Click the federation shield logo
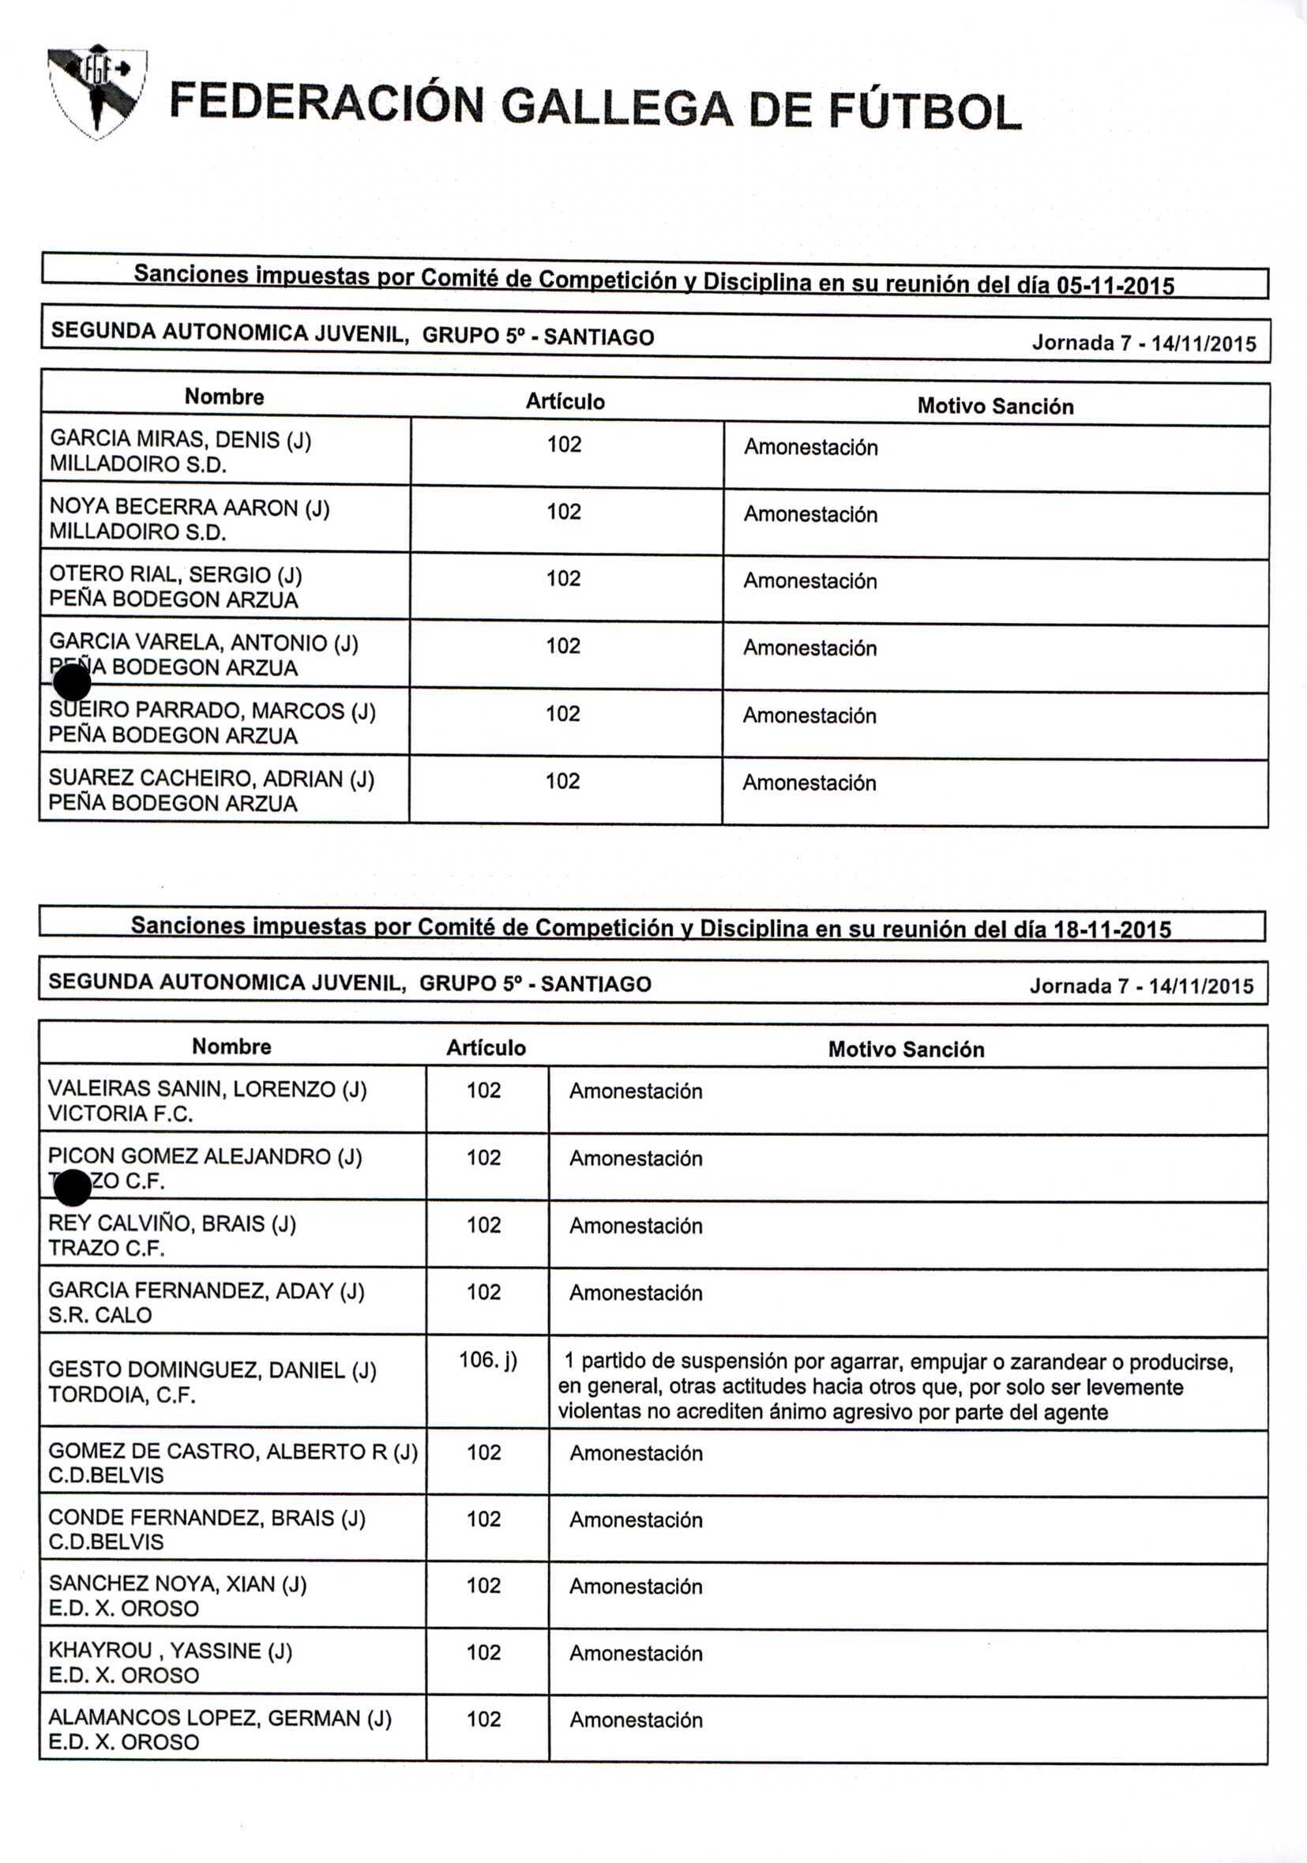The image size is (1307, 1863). [97, 90]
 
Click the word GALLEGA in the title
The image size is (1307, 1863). [617, 108]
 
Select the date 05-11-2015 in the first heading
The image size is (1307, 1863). [1115, 286]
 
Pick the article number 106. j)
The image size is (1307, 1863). [487, 1360]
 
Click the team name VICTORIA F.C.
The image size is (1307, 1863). [120, 1114]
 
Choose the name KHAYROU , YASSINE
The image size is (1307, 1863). [170, 1651]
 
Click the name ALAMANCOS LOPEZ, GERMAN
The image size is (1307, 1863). [219, 1718]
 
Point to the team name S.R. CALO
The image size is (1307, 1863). [100, 1315]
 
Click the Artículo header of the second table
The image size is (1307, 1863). [486, 1048]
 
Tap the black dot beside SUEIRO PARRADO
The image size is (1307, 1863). [72, 682]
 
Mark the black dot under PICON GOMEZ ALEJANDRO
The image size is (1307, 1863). [72, 1189]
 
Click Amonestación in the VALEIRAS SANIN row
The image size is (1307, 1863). [635, 1091]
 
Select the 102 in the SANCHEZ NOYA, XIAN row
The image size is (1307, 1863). [483, 1586]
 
